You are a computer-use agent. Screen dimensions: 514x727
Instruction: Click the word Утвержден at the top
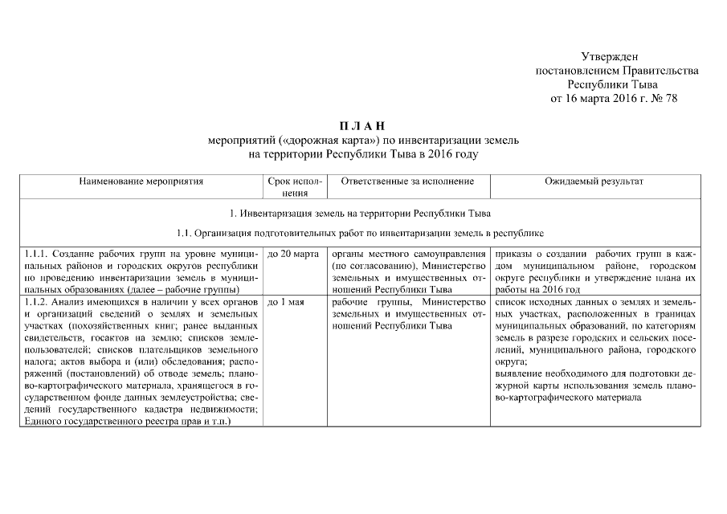(x=609, y=56)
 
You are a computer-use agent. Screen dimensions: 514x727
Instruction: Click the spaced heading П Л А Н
(x=363, y=126)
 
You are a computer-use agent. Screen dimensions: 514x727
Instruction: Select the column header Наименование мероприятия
(x=141, y=182)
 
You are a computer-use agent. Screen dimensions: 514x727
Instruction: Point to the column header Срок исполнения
(x=294, y=187)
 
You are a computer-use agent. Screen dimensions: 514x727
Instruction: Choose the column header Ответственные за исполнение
(x=407, y=182)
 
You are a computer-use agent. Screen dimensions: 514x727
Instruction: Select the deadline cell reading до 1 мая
(x=284, y=303)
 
